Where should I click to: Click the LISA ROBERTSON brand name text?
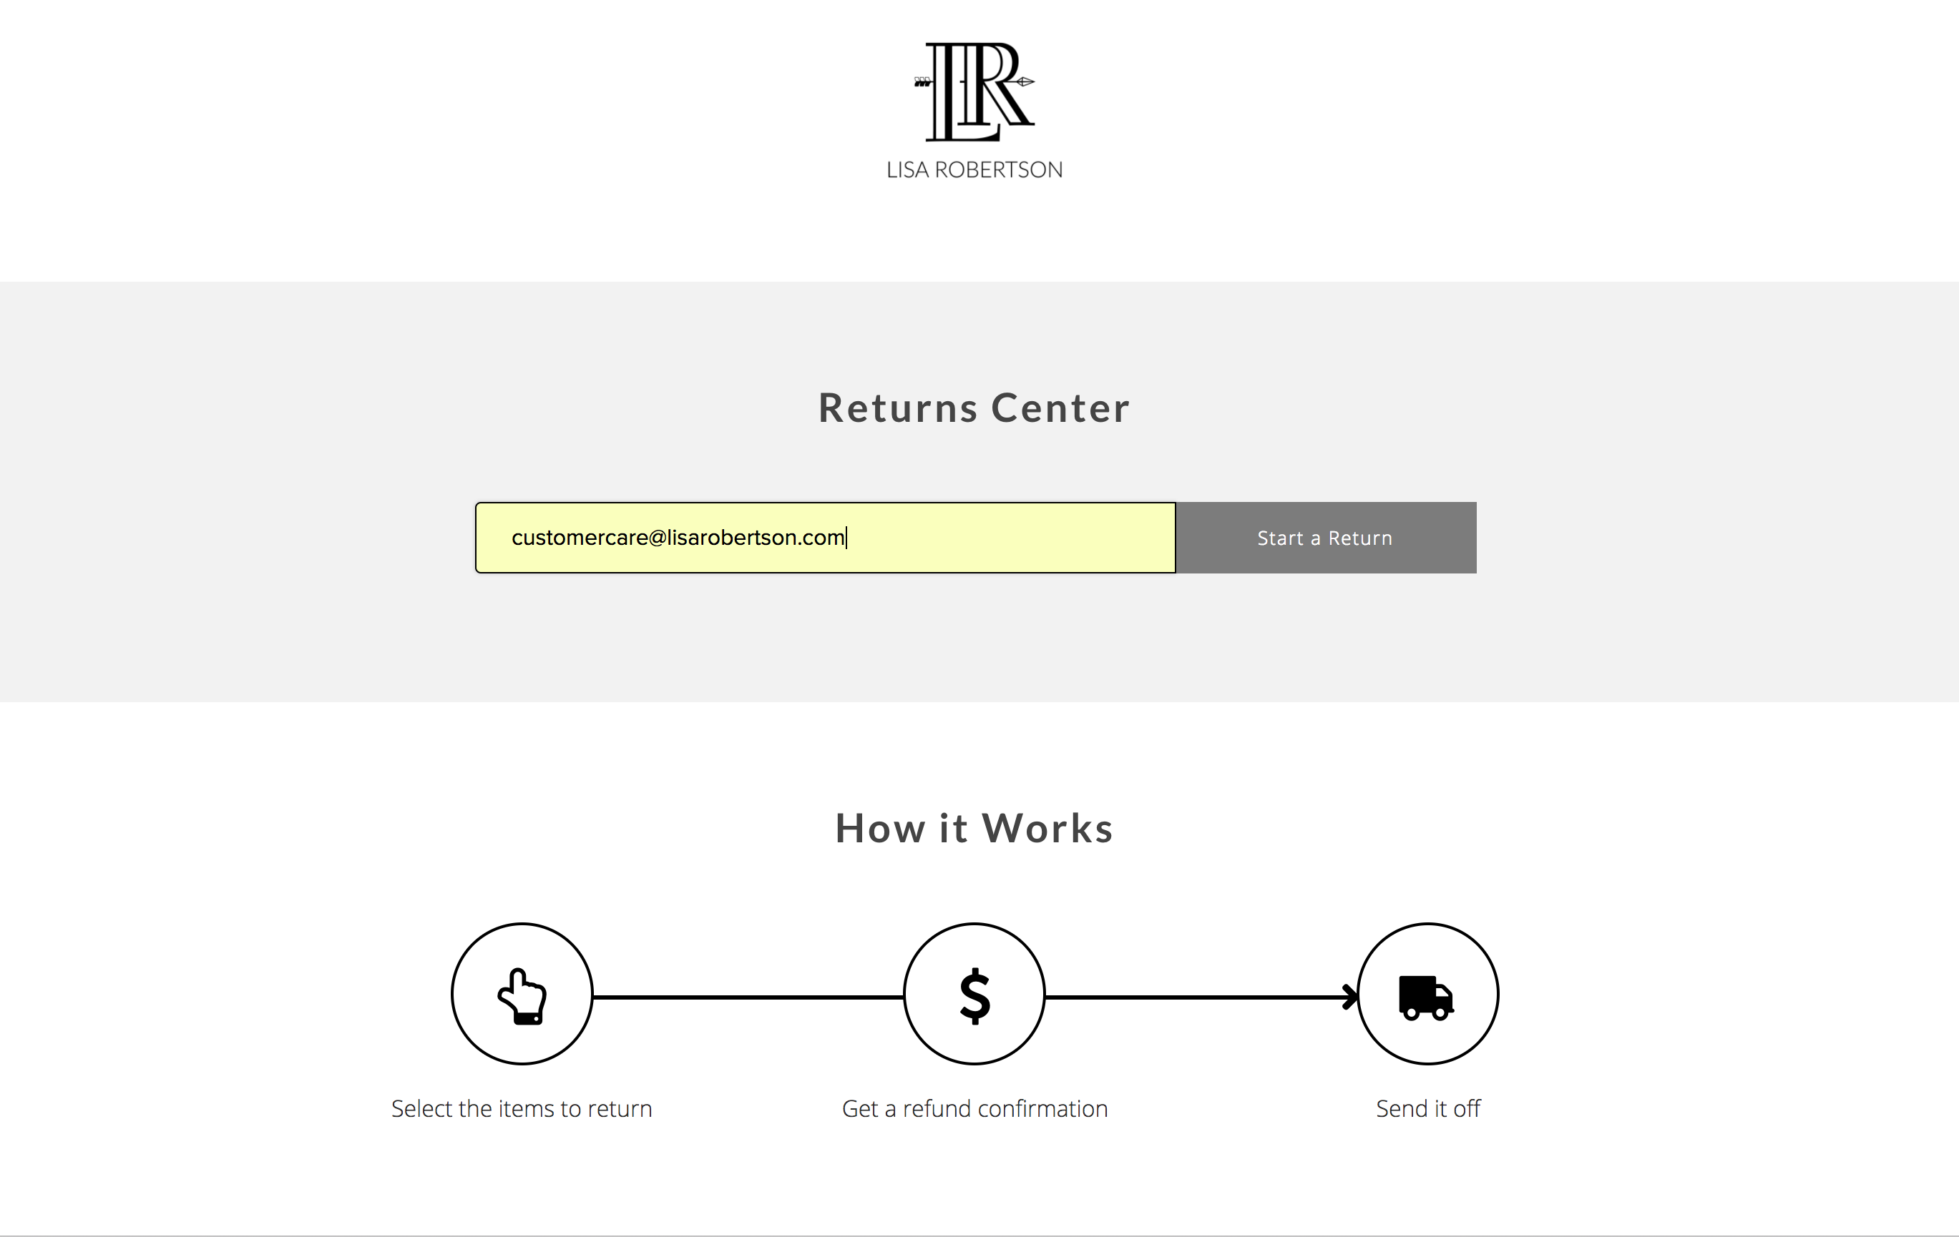(x=974, y=170)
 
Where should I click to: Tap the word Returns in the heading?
(x=898, y=408)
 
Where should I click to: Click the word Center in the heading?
(x=1061, y=408)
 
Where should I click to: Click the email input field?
(x=826, y=538)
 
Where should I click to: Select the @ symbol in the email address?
(x=658, y=538)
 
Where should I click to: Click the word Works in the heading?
(x=1048, y=828)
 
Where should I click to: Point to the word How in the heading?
(x=880, y=828)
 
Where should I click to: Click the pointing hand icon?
(x=522, y=995)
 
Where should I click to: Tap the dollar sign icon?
(x=974, y=995)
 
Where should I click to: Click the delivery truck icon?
(x=1426, y=997)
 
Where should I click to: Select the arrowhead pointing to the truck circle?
(x=1350, y=997)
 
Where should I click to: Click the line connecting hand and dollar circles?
(x=748, y=997)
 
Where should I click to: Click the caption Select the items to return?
(x=522, y=1108)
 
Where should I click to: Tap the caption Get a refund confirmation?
(x=974, y=1108)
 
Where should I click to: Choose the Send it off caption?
(x=1429, y=1108)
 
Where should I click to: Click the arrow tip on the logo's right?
(x=1032, y=82)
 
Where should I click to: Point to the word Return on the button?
(x=1360, y=538)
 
